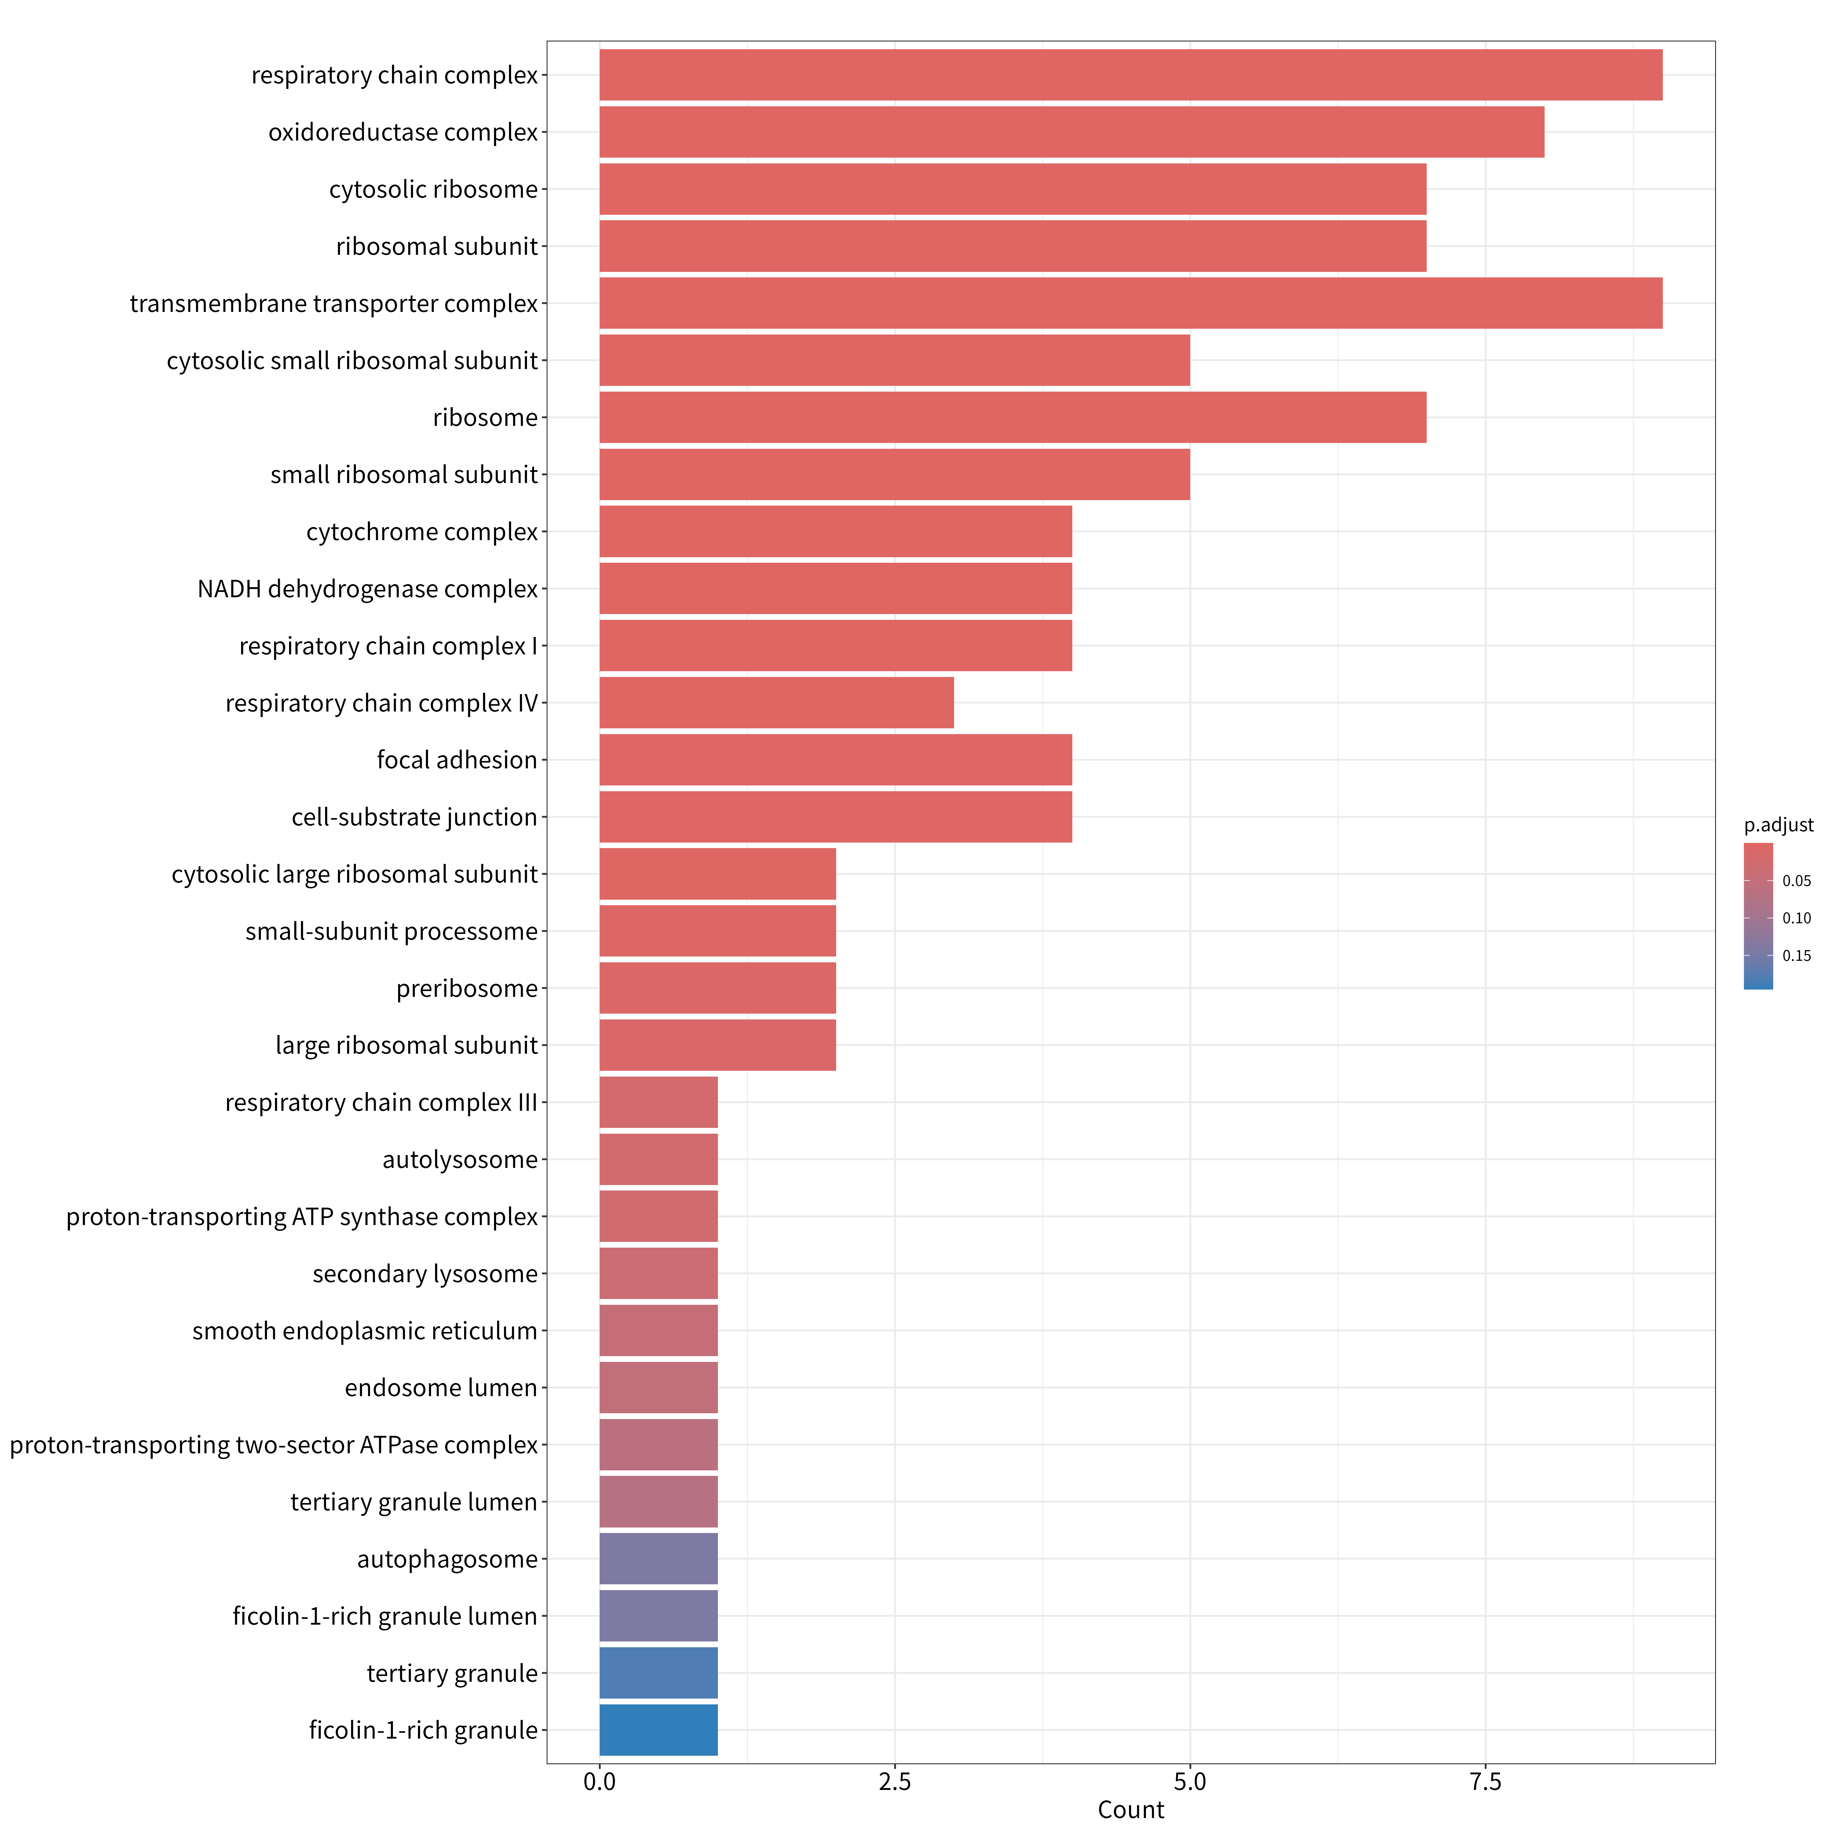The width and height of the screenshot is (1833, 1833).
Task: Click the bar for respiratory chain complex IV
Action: point(776,703)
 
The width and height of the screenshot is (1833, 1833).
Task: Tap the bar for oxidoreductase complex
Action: point(1072,132)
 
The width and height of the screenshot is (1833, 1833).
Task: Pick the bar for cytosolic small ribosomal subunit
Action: point(895,360)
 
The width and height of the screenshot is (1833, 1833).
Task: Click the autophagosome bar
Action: point(658,1559)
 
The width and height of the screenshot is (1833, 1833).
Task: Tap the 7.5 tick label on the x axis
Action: point(1486,1783)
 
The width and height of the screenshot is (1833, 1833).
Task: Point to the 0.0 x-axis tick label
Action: point(600,1783)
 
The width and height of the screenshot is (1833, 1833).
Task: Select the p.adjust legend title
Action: point(1779,825)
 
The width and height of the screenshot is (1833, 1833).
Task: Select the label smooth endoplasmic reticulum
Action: point(365,1331)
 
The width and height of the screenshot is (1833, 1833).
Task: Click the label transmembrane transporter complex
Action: point(334,304)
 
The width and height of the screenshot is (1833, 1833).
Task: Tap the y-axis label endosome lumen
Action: point(441,1388)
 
